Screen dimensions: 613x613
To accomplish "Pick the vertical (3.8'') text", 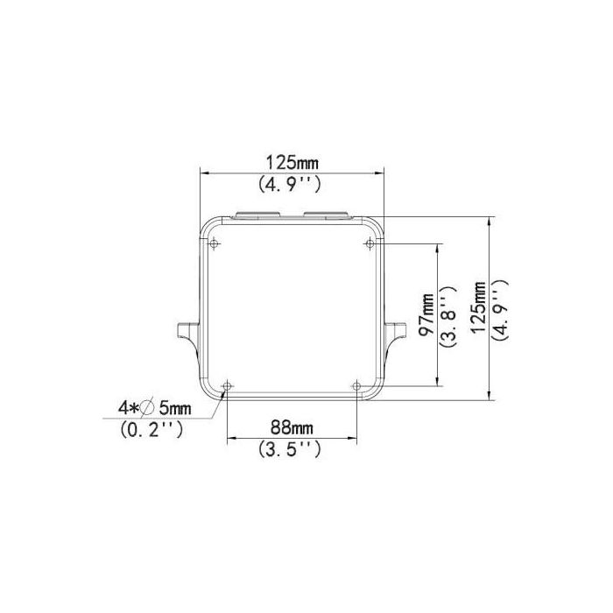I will (x=447, y=316).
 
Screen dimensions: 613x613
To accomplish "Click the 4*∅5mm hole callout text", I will (x=154, y=408).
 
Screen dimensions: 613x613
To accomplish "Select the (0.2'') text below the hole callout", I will (x=151, y=431).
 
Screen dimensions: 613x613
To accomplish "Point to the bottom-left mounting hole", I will (x=227, y=385).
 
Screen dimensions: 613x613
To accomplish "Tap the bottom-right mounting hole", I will (x=356, y=385).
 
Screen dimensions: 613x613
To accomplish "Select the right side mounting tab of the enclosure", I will (x=397, y=332).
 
